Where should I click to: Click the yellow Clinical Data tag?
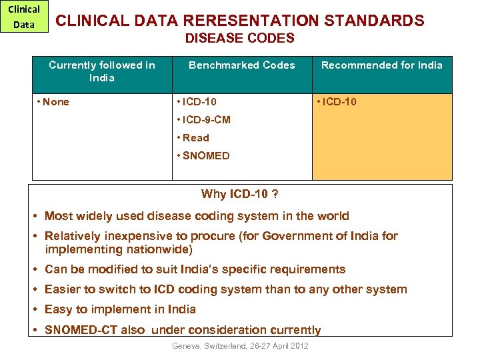pyautogui.click(x=25, y=17)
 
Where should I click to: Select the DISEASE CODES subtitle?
pyautogui.click(x=239, y=39)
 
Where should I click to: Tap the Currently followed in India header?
pyautogui.click(x=102, y=71)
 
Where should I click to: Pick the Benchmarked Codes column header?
pyautogui.click(x=242, y=65)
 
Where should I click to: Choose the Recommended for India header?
pyautogui.click(x=382, y=65)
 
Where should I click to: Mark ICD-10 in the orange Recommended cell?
pyautogui.click(x=339, y=102)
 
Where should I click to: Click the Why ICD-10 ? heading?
pyautogui.click(x=239, y=195)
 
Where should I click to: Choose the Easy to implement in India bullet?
pyautogui.click(x=120, y=309)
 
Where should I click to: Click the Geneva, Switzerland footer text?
pyautogui.click(x=240, y=345)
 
